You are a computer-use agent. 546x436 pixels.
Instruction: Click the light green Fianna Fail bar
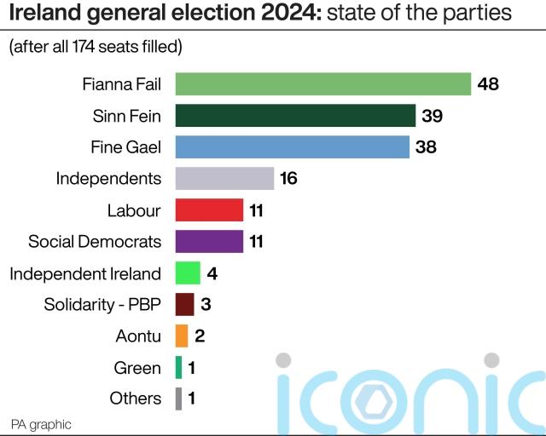[x=322, y=84]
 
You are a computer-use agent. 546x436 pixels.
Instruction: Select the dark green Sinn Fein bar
[x=295, y=116]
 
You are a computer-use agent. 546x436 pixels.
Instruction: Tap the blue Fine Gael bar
[x=292, y=147]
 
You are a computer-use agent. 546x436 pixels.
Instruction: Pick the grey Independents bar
[x=224, y=179]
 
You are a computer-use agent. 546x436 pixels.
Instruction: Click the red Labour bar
[x=209, y=210]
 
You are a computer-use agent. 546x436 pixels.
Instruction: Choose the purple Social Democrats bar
[x=209, y=241]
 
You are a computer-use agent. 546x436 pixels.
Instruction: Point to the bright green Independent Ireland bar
[x=188, y=273]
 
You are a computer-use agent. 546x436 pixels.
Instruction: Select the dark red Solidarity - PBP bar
[x=184, y=304]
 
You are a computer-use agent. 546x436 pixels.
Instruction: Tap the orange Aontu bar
[x=182, y=336]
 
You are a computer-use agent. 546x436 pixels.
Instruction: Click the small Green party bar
[x=178, y=367]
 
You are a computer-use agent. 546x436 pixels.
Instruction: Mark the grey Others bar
[x=178, y=399]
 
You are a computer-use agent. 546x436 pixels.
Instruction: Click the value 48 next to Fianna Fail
[x=488, y=84]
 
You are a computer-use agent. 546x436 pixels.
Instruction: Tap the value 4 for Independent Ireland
[x=212, y=273]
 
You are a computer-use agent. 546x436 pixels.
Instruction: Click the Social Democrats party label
[x=95, y=241]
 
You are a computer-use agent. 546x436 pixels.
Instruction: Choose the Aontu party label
[x=138, y=336]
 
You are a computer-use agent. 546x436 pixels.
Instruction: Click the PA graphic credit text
[x=41, y=423]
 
